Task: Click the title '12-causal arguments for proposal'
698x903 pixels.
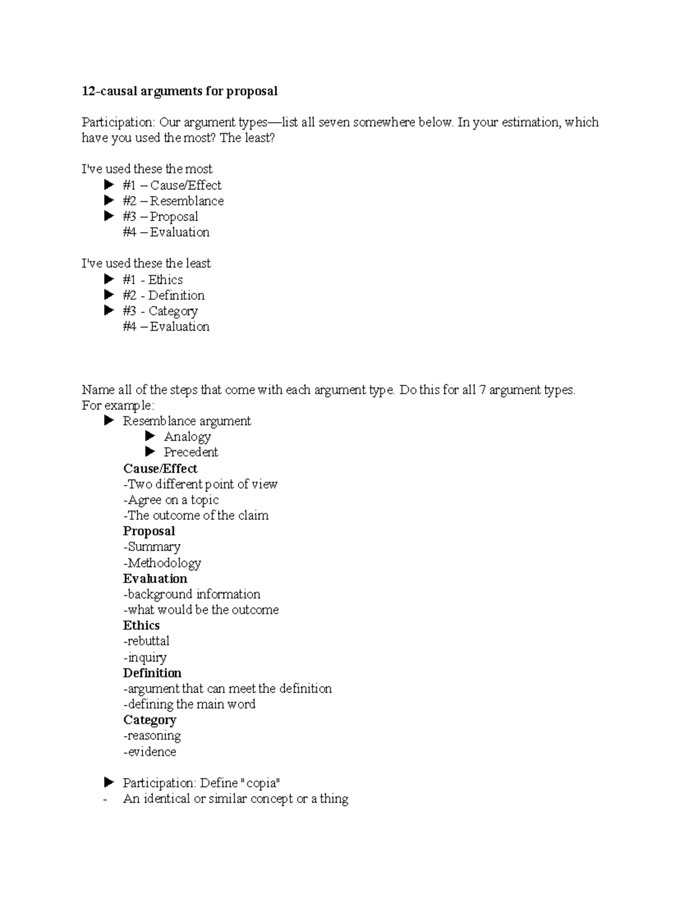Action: tap(179, 91)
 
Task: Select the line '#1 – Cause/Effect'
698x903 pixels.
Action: tap(172, 185)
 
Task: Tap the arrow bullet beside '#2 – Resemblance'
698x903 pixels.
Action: tap(109, 201)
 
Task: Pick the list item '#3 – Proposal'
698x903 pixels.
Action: tap(160, 217)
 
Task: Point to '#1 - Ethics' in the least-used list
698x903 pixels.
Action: tap(152, 280)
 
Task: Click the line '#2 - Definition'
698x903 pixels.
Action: tap(163, 295)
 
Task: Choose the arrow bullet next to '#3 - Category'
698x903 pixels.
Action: tap(109, 310)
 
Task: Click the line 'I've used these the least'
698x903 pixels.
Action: tap(146, 264)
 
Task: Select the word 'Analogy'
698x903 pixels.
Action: tap(187, 437)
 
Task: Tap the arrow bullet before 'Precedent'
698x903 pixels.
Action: tap(150, 452)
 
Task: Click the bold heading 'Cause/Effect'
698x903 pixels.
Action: tap(160, 469)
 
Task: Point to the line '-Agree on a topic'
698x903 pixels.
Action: tap(171, 500)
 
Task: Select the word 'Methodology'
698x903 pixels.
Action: tap(164, 563)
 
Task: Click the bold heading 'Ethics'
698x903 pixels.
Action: tap(141, 626)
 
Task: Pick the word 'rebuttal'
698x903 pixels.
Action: tap(148, 641)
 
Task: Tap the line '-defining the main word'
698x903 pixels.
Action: tap(189, 704)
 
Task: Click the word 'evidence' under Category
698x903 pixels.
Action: tap(151, 752)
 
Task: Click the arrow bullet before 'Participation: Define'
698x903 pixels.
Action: tap(109, 783)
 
